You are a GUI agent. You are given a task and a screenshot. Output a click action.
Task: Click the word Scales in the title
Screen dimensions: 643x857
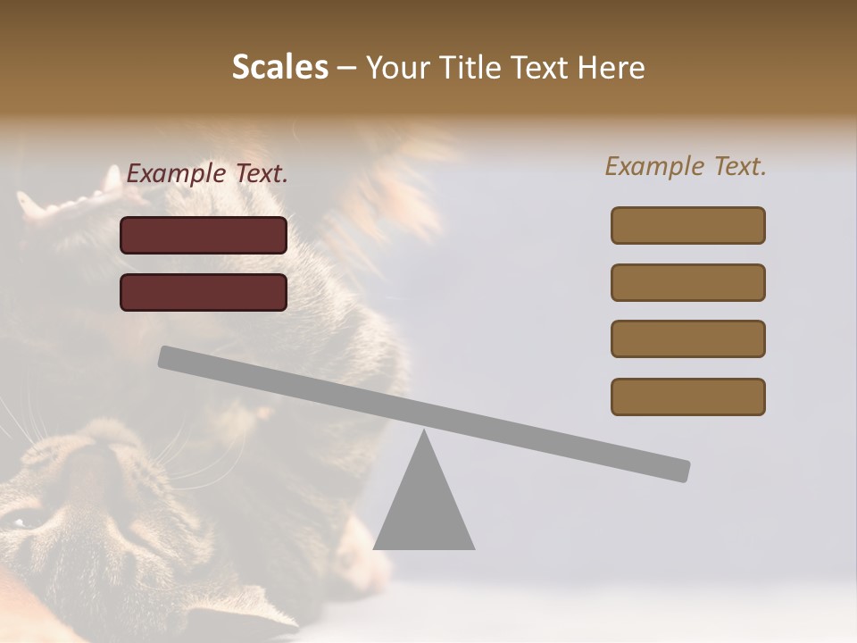coord(280,67)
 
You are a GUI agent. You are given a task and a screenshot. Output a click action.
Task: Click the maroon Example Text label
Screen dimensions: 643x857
coord(207,174)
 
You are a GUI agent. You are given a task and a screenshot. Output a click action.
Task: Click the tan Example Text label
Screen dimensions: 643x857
coord(686,166)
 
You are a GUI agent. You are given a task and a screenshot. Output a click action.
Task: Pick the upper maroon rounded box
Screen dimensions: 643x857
coord(204,235)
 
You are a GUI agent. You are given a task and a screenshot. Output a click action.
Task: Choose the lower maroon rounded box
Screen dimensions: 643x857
coord(204,292)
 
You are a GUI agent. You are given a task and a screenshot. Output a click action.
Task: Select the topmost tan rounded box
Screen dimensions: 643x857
coord(687,225)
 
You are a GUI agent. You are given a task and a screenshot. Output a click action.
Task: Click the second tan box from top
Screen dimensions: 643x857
coord(687,282)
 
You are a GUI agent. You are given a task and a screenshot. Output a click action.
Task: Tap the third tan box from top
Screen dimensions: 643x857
coord(687,338)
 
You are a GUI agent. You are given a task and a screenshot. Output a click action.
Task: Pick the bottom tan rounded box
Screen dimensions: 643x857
coord(687,397)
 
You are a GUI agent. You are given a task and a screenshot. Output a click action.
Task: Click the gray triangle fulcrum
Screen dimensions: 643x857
coord(424,509)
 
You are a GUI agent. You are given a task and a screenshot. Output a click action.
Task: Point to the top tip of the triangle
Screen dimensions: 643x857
coord(424,433)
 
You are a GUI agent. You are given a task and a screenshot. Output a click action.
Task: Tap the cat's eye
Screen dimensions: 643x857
coord(23,519)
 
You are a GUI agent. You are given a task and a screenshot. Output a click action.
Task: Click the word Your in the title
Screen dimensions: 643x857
coord(397,67)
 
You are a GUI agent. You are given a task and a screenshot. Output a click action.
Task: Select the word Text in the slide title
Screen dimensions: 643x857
coord(542,67)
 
